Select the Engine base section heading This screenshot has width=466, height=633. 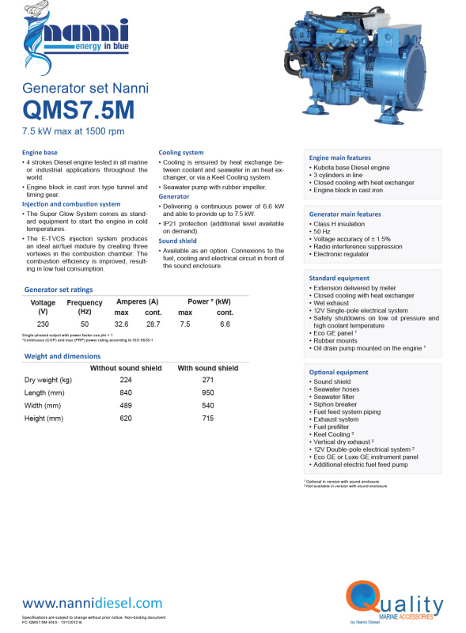40,151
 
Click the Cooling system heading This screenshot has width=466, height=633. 181,152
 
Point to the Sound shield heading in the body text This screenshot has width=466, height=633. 177,241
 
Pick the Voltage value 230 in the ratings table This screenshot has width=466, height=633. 43,324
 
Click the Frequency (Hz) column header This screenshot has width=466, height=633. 85,307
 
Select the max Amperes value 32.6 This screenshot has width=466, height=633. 122,324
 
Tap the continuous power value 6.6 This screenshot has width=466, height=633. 225,324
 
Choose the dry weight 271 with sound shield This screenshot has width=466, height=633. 208,381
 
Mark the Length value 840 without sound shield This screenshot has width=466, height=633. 126,393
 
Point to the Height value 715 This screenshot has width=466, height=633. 208,418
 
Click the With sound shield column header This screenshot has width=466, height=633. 208,368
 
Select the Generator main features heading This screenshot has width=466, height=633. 345,214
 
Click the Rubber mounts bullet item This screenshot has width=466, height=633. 334,340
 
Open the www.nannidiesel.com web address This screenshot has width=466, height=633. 93,604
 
